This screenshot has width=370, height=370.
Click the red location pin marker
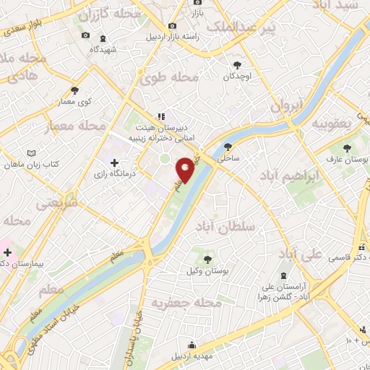coord(186,169)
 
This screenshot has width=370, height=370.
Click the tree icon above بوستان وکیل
coord(207,258)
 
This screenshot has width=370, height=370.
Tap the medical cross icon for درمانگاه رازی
coord(114,162)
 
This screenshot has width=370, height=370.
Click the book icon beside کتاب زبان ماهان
coord(30,154)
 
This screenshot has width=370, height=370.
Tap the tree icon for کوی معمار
coord(75,90)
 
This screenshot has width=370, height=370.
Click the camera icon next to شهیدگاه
coord(85,35)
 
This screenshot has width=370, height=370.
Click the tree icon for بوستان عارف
coord(348,146)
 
